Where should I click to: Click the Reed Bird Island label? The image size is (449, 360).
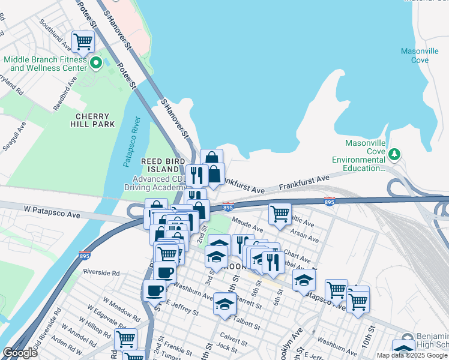[160, 166]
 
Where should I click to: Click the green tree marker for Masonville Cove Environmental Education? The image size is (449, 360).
[394, 155]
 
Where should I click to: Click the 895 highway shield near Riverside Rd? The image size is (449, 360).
[83, 256]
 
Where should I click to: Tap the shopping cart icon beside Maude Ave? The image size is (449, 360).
[280, 214]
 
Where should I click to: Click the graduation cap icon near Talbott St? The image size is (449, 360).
[225, 304]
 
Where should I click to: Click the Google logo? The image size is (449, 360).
[20, 353]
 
